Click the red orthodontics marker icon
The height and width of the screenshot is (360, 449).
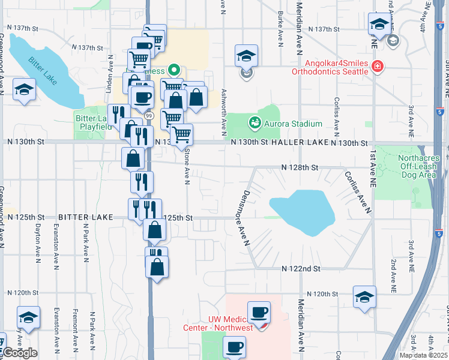coord(378,67)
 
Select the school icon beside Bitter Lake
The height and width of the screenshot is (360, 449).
coord(25,90)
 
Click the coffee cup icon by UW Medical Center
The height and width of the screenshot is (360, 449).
coord(259,312)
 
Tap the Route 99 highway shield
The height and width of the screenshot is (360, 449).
coord(148,115)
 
